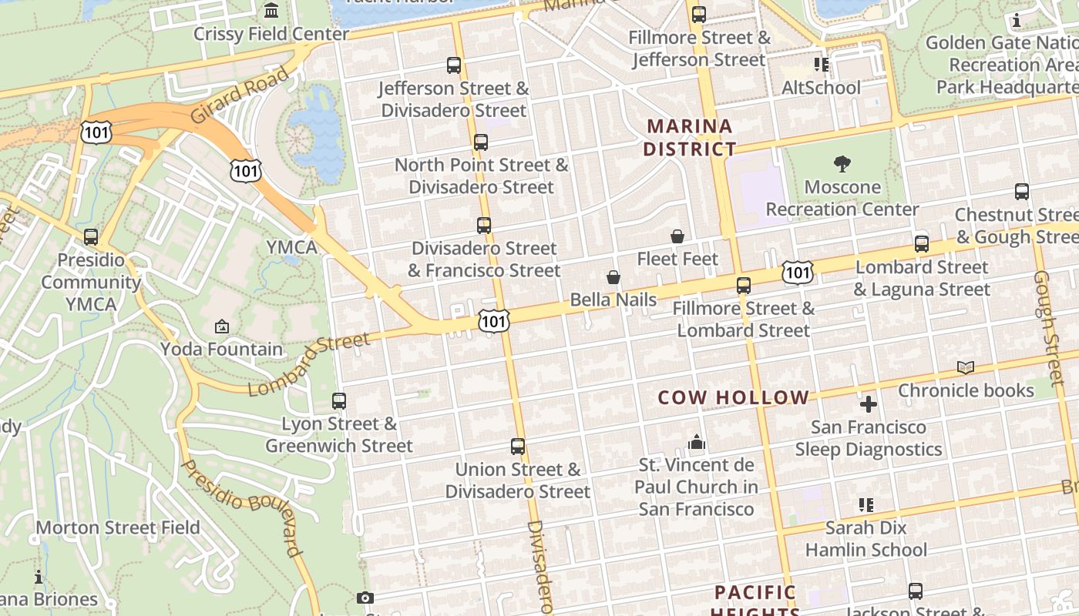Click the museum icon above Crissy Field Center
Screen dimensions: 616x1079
(x=271, y=11)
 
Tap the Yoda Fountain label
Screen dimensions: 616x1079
(x=222, y=349)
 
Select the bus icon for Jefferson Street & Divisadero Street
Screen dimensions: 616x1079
(x=454, y=65)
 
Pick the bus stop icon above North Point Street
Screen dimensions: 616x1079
(x=481, y=142)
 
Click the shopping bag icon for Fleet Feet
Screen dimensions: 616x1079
(x=677, y=236)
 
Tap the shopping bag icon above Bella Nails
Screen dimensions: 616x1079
(x=613, y=277)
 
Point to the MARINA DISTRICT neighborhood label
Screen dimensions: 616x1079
(x=689, y=137)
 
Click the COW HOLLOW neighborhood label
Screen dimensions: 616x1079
(x=733, y=397)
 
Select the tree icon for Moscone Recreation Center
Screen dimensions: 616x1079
(x=842, y=163)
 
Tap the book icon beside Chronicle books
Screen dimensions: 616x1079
(x=966, y=368)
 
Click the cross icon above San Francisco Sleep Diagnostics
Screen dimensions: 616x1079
(x=869, y=403)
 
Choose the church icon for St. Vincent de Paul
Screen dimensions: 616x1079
(x=697, y=442)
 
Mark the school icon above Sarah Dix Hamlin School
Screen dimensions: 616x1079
(x=866, y=505)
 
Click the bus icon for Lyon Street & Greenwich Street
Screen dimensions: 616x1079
(x=339, y=400)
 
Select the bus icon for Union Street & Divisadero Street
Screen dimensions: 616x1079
(x=518, y=446)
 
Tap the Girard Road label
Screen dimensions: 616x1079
(x=239, y=95)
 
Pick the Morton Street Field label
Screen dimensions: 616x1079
(x=118, y=527)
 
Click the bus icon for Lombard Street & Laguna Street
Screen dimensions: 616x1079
(x=922, y=244)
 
